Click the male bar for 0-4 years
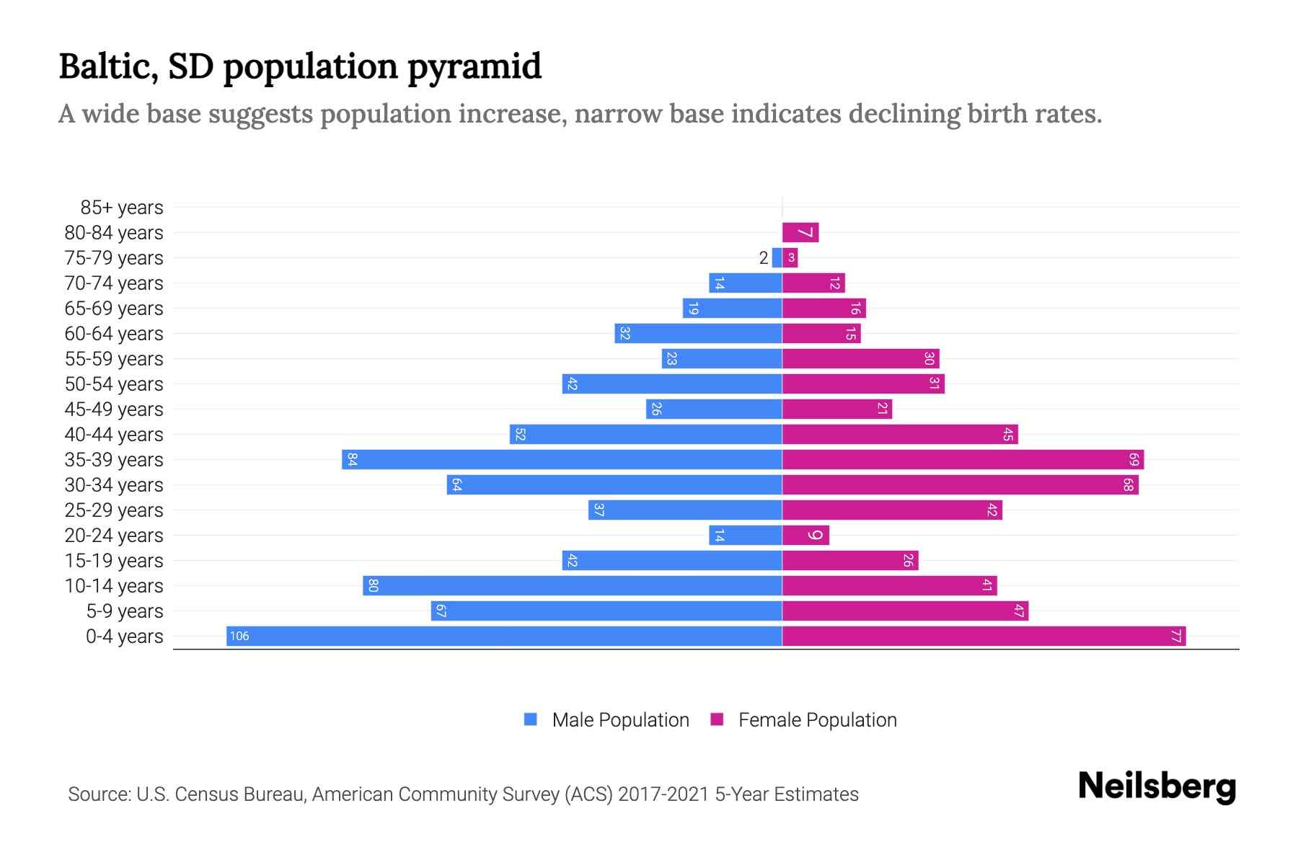coord(505,636)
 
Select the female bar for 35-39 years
coord(963,459)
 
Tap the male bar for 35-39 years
coord(562,459)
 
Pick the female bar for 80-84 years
coord(800,232)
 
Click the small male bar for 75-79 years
coord(777,257)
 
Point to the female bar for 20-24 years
coord(805,535)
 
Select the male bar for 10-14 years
coord(573,585)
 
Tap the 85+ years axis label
coord(122,208)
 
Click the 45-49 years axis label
coord(114,409)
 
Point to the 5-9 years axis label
coord(125,611)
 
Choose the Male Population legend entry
coord(606,719)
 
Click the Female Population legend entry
coord(804,719)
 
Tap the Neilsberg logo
coord(1157,786)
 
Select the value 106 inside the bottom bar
coord(239,636)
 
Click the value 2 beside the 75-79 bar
coord(764,258)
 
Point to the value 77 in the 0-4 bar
coord(1175,636)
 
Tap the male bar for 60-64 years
coord(698,333)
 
